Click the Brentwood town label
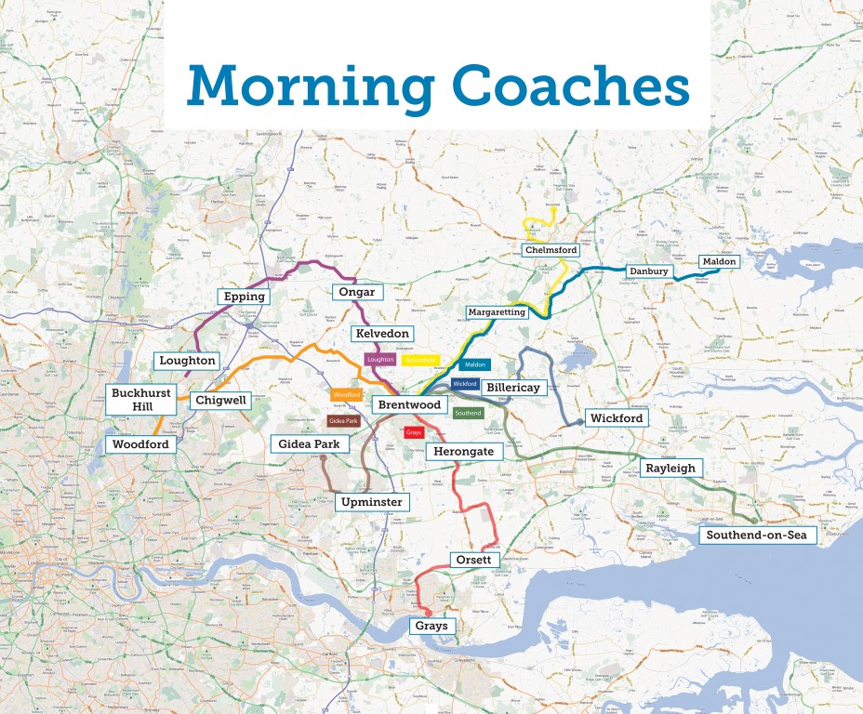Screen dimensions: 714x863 [x=409, y=405]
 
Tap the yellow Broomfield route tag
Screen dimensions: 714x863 [x=420, y=360]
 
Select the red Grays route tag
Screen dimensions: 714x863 [x=414, y=432]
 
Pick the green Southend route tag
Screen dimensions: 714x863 [x=469, y=413]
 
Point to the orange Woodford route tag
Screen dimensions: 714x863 [x=346, y=395]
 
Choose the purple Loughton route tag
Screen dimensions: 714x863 [x=381, y=359]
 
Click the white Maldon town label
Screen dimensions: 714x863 [x=719, y=261]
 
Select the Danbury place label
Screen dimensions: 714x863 [x=649, y=271]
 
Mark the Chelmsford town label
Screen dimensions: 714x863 [x=551, y=250]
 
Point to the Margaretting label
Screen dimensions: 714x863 [x=497, y=312]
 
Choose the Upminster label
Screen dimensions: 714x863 [x=372, y=502]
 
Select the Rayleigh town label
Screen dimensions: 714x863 [x=670, y=469]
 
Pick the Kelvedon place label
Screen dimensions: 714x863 [x=382, y=333]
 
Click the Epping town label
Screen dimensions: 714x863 [x=245, y=297]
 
